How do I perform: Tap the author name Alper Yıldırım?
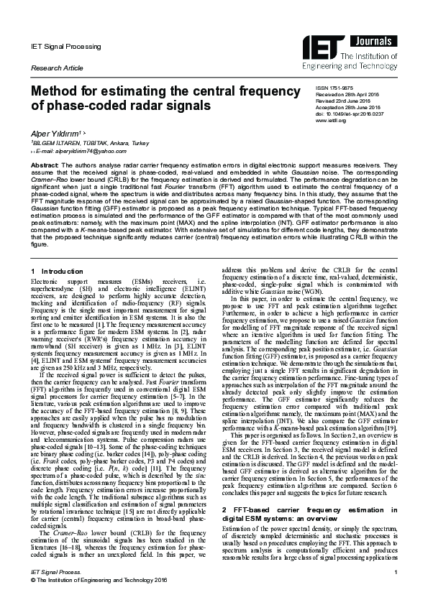click(x=56, y=134)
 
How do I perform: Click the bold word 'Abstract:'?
click(x=44, y=165)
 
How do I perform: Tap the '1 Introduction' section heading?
click(x=58, y=270)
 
